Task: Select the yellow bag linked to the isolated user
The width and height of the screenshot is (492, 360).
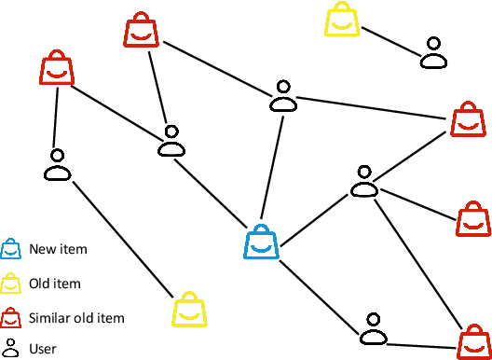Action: point(342,21)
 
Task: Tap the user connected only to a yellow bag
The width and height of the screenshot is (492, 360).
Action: point(432,53)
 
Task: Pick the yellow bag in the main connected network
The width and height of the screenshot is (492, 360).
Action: point(189,310)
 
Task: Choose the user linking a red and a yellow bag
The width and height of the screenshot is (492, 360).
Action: point(58,165)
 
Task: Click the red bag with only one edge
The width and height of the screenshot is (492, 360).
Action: point(473,220)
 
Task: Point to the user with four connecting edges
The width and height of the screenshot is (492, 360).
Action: point(362,182)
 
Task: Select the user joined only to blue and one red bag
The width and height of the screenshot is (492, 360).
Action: point(373,328)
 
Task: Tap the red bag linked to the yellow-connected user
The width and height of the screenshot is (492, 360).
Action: point(57,71)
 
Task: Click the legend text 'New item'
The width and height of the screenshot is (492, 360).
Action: point(58,249)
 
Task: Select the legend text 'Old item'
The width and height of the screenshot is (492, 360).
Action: point(55,284)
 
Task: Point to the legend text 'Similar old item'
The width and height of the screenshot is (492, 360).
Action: point(76,318)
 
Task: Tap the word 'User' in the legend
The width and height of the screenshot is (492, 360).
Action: point(43,349)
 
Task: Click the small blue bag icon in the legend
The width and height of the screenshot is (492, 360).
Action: point(10,248)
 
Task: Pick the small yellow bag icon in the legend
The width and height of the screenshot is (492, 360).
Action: point(10,283)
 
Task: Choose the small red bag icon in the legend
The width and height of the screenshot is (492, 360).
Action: point(10,317)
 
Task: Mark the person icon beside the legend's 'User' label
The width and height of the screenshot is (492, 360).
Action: point(10,349)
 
